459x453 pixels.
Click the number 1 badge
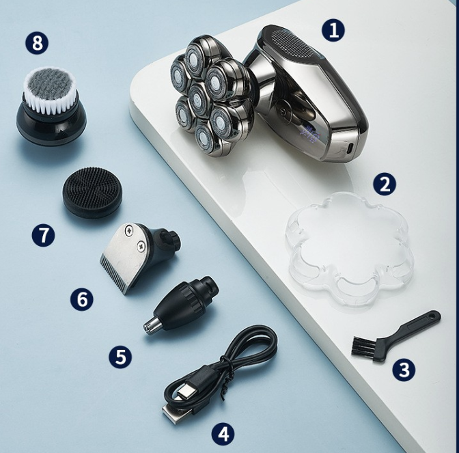pos(333,30)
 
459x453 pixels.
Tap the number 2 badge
pos(385,184)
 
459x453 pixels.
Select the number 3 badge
pos(404,370)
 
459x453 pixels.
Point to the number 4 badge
pos(222,433)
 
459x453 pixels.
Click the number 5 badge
pos(120,356)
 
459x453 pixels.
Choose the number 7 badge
pos(43,235)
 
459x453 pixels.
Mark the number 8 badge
pos(37,43)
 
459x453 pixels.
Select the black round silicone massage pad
pos(92,191)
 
